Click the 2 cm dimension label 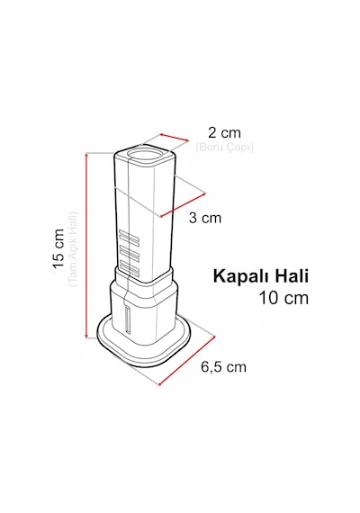point(224,133)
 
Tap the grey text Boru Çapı point(224,148)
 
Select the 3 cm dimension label point(205,218)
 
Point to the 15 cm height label point(58,248)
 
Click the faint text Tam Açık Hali point(74,249)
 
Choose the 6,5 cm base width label point(223,367)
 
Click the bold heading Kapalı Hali point(261,276)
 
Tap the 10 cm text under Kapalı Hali point(283,298)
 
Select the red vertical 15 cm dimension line point(86,246)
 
